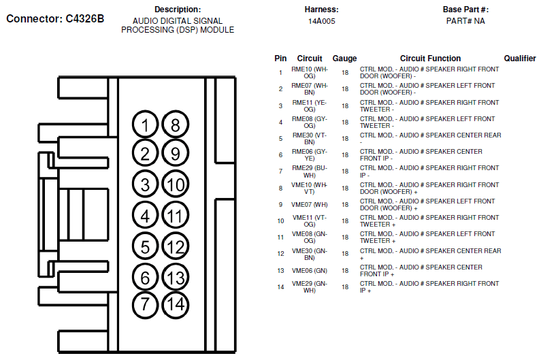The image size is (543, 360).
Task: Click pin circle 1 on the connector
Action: tap(145, 125)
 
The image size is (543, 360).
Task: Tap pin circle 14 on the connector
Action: tap(176, 305)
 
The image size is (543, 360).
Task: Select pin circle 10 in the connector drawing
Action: tap(176, 184)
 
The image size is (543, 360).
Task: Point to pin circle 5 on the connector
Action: tap(145, 246)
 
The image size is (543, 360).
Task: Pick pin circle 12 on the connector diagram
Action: tap(176, 246)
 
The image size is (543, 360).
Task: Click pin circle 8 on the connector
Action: tap(176, 125)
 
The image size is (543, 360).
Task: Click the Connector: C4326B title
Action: tap(55, 18)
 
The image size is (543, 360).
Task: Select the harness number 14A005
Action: tap(322, 21)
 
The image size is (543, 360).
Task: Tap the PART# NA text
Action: tap(465, 21)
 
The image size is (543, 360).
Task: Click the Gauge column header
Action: tap(344, 59)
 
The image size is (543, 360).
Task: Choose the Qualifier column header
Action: tap(520, 59)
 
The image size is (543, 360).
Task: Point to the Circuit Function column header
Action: tap(431, 59)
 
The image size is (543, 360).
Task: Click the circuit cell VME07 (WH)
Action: tap(309, 205)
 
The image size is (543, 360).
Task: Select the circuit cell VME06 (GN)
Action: tap(309, 271)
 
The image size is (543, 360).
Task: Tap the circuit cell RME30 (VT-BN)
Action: tap(309, 139)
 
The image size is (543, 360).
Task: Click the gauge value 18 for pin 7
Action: tap(345, 171)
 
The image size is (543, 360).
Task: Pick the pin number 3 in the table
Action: tap(280, 106)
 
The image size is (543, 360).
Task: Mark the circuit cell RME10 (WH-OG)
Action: tap(309, 72)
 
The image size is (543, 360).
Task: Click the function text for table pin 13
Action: tap(421, 271)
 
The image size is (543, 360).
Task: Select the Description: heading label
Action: tap(178, 10)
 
